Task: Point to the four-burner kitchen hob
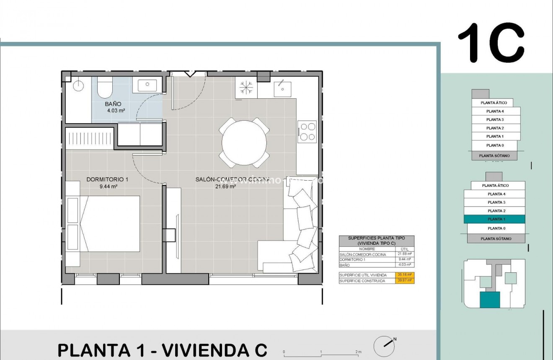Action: (x=307, y=132)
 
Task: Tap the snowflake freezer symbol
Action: (x=246, y=88)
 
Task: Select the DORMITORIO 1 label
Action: (x=107, y=179)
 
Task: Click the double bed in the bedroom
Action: (x=110, y=224)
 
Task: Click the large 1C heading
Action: (x=491, y=43)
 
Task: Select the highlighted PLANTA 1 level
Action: (x=494, y=219)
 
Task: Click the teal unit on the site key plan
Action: (x=490, y=300)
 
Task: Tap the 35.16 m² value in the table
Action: (x=405, y=275)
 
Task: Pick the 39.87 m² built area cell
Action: (x=405, y=281)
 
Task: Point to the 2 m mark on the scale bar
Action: (x=358, y=352)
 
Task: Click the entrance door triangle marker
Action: (x=190, y=74)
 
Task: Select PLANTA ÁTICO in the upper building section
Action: (x=494, y=103)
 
